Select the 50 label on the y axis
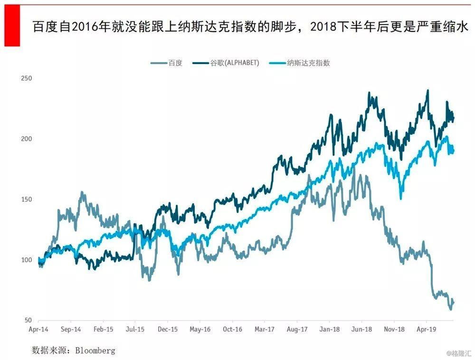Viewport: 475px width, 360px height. pyautogui.click(x=28, y=321)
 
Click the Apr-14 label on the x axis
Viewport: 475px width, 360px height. pyautogui.click(x=38, y=329)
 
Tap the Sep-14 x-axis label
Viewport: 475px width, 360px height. pyautogui.click(x=70, y=329)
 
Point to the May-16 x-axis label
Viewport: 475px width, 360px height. pyautogui.click(x=200, y=329)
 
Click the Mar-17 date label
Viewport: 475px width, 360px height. pyautogui.click(x=265, y=329)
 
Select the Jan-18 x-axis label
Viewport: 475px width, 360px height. pyautogui.click(x=329, y=329)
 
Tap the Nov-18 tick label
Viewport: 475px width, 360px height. pyautogui.click(x=394, y=329)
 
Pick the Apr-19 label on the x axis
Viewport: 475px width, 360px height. pyautogui.click(x=426, y=329)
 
